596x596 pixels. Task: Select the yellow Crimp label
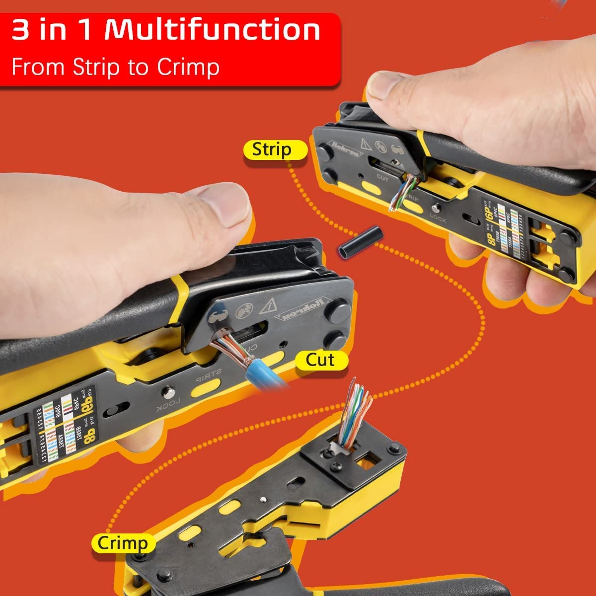(122, 543)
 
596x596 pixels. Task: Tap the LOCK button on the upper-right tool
(437, 209)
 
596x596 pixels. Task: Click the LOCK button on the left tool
(169, 392)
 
